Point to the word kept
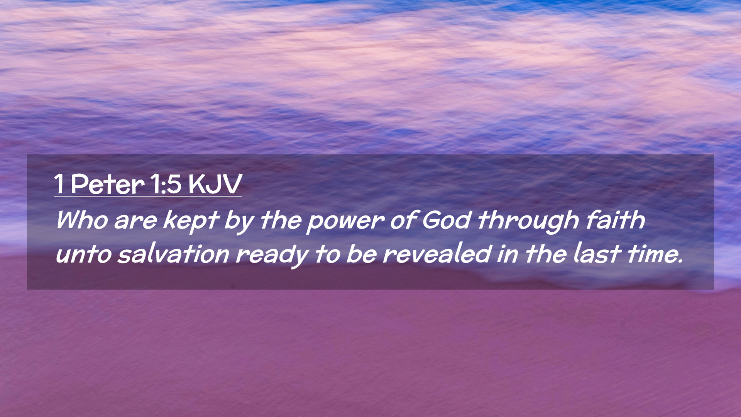191,222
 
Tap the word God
446,220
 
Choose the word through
528,222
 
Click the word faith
615,220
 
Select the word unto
83,254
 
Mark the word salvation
173,254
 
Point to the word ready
272,256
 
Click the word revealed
437,254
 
